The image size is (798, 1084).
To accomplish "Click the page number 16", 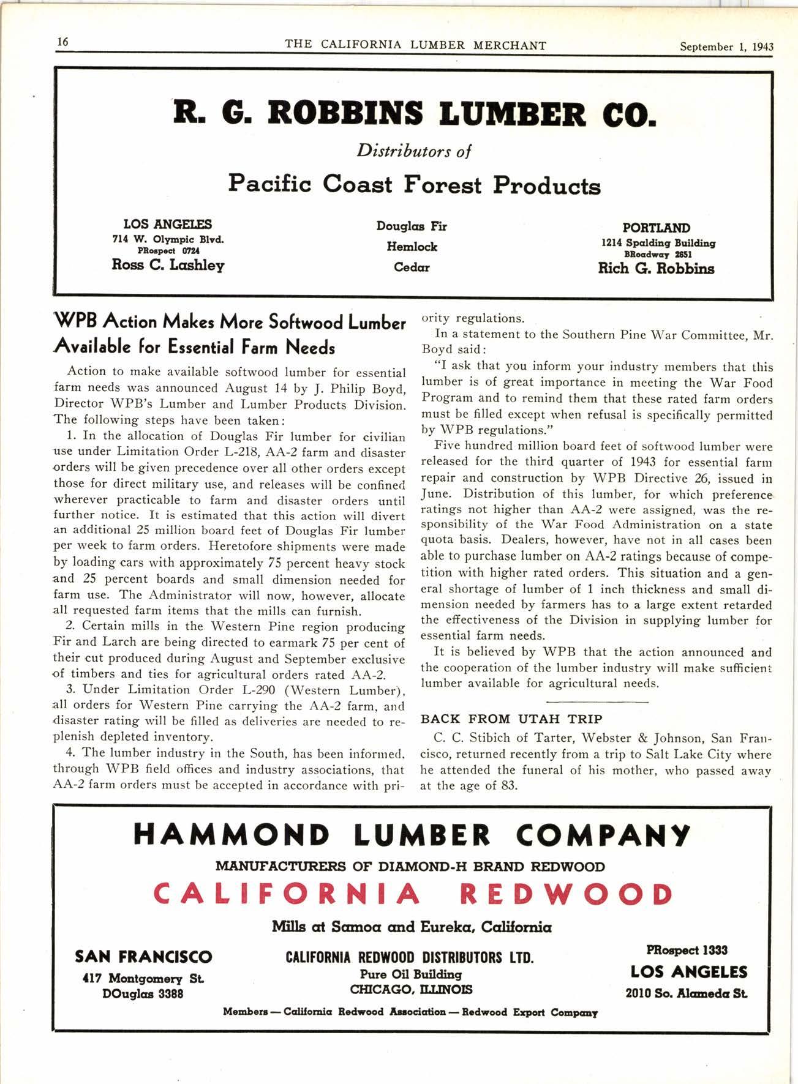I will point(62,42).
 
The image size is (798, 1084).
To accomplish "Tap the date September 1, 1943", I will point(726,47).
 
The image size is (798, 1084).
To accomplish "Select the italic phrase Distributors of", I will point(414,151).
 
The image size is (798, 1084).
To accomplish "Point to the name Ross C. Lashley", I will point(168,265).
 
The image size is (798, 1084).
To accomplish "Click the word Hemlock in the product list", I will point(412,247).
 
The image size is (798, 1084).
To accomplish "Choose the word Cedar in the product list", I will point(412,267).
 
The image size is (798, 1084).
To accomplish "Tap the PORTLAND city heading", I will point(656,228).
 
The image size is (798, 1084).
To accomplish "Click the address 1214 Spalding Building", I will point(658,243).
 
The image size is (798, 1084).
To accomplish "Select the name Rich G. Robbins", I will point(656,269).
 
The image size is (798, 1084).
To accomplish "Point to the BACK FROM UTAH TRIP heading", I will point(511,719).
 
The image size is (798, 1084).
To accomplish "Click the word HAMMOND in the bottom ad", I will point(231,835).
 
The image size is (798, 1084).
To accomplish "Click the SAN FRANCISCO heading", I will point(143,957).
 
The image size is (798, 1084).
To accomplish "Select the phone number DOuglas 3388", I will point(143,993).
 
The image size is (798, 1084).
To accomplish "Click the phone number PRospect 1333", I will point(687,950).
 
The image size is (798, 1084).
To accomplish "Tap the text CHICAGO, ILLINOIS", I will point(411,989).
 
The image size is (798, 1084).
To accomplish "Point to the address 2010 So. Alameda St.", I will point(686,993).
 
